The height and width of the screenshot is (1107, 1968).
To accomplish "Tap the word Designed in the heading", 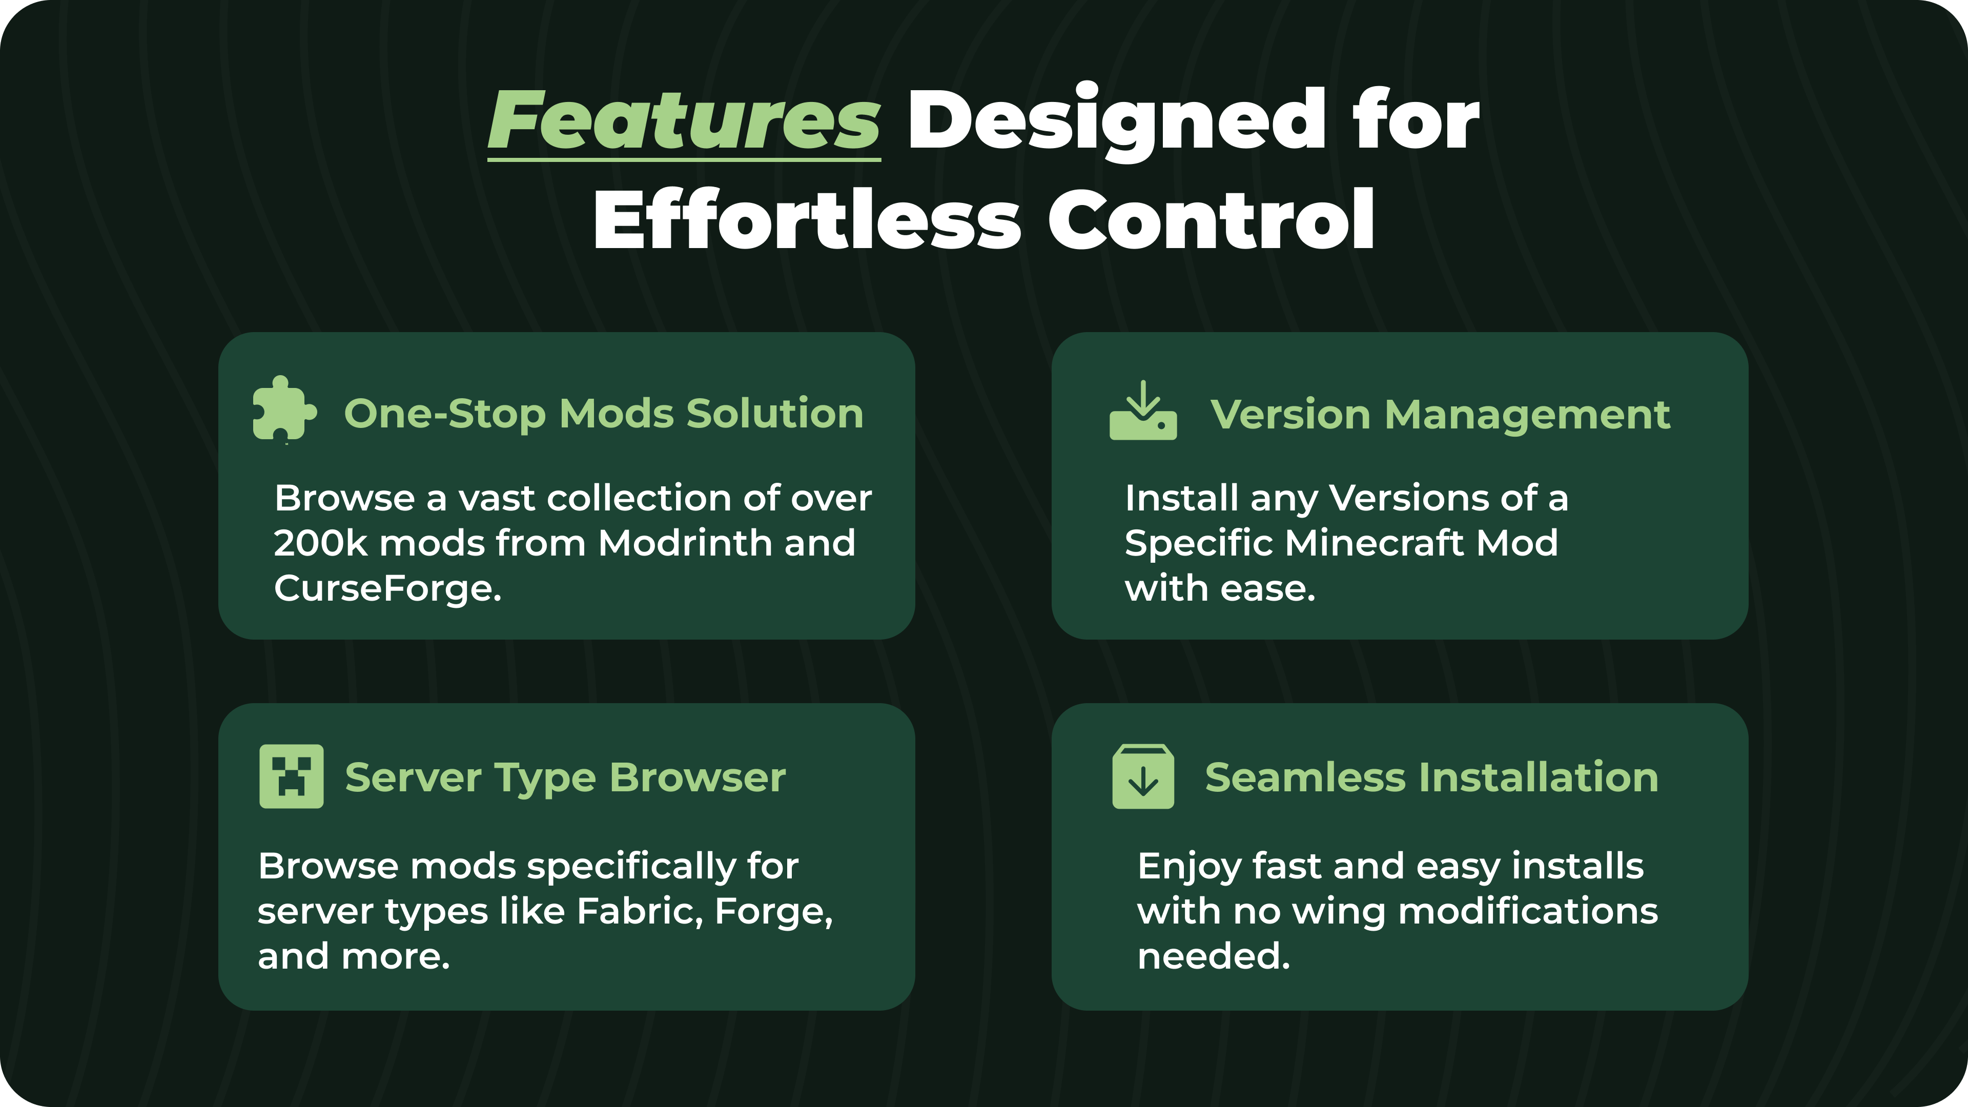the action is pos(1117,121).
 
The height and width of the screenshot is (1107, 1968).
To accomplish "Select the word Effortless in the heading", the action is pos(807,219).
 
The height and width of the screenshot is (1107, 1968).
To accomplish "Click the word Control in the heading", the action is pos(1212,219).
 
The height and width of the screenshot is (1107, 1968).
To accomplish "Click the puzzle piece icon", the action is pos(283,409).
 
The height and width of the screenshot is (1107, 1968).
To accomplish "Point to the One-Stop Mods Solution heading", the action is pos(604,414).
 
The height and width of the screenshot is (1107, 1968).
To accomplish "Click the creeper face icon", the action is pos(291,776).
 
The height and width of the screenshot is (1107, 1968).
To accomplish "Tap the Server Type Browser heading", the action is pos(565,778).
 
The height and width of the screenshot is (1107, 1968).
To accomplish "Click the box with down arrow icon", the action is pos(1143,776).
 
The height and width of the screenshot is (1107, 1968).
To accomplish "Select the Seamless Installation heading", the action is pos(1432,778).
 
